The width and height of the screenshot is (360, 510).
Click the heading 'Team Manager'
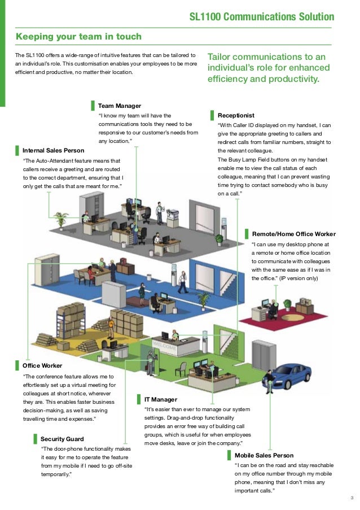pos(119,106)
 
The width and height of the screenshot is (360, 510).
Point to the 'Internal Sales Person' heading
pos(53,151)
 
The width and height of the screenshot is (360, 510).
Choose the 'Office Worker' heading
pos(42,365)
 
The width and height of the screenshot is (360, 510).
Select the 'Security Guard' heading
pos(62,439)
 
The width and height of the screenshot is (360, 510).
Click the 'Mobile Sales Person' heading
pos(264,455)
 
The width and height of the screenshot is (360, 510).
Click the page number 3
pos(352,498)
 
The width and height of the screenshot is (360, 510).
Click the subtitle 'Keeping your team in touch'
pos(78,37)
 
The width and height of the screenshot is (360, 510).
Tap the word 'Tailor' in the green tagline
pos(221,57)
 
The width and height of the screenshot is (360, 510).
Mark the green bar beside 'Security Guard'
pos(35,439)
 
